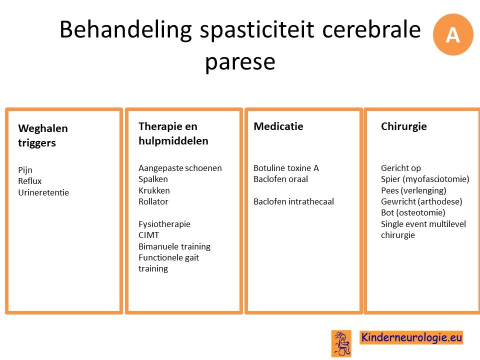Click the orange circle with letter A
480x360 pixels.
[453, 34]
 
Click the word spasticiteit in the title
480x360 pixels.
[257, 30]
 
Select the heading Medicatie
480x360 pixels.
[278, 126]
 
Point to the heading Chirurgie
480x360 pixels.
[404, 126]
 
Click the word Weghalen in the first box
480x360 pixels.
[43, 128]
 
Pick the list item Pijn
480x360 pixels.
[25, 170]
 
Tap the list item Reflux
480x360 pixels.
[29, 181]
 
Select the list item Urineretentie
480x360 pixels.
[43, 192]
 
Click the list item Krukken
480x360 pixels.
[154, 190]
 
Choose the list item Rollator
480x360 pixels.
[153, 201]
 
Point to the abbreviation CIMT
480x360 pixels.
[149, 235]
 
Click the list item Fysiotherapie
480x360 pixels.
[164, 224]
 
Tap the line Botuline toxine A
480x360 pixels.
[286, 168]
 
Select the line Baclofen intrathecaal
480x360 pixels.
[293, 201]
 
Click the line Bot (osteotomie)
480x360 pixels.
[413, 213]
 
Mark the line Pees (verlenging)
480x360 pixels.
[413, 190]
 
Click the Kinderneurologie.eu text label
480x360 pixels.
[411, 337]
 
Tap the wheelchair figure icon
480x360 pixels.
[341, 343]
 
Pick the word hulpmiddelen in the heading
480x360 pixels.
[173, 141]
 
